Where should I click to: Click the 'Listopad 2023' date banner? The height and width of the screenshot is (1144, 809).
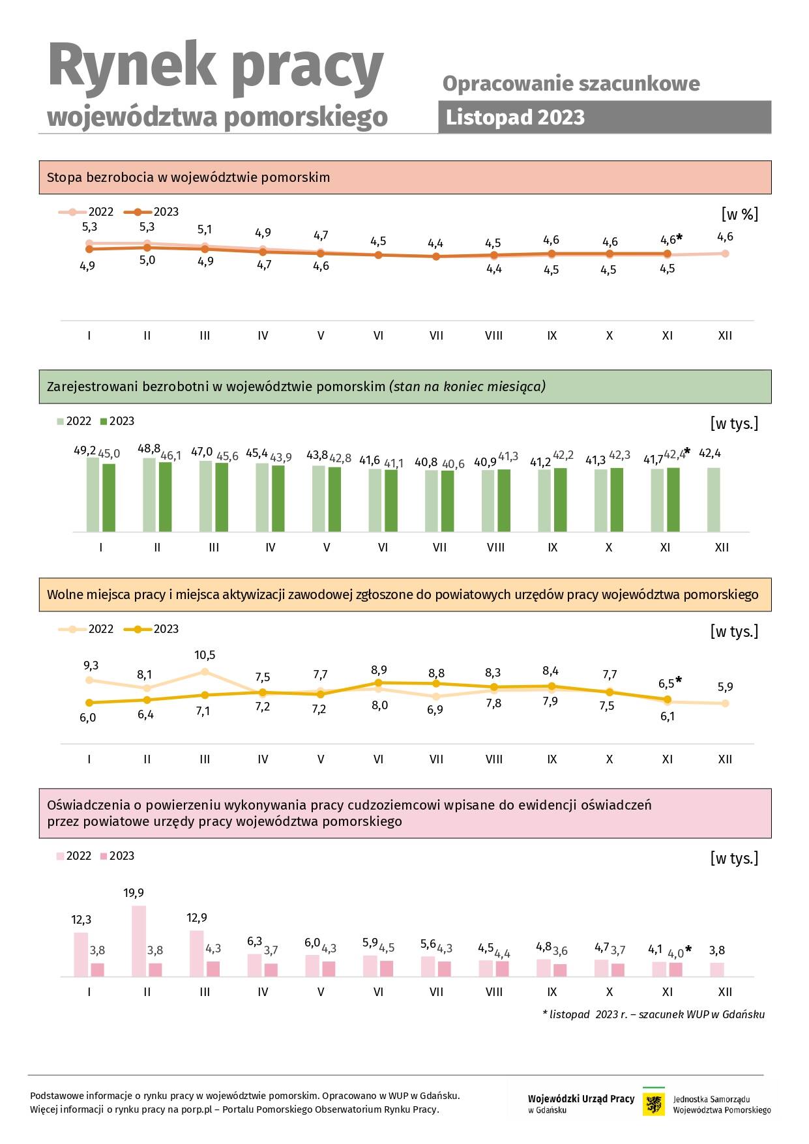click(604, 117)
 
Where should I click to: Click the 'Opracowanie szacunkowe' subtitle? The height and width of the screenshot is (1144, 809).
click(571, 83)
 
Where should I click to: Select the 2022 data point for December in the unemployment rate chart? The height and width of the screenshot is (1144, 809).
click(725, 254)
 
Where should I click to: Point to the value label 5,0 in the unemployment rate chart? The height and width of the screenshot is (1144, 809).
click(147, 260)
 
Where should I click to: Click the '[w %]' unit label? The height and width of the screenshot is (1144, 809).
click(739, 214)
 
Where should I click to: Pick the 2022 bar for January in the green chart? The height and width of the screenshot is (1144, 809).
click(93, 495)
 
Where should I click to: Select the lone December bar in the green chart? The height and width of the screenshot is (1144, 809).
click(714, 500)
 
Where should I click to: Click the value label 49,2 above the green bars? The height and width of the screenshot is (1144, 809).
click(85, 450)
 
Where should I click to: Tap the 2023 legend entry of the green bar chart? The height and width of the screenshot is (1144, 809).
click(117, 421)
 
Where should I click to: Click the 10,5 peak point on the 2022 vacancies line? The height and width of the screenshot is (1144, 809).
click(205, 671)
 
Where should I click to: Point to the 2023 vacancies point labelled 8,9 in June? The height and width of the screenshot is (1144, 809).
click(378, 682)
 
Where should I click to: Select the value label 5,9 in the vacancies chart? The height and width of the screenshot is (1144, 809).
click(725, 686)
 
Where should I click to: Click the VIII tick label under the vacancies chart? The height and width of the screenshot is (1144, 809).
click(494, 759)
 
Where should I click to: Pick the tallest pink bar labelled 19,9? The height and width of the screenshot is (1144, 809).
click(139, 941)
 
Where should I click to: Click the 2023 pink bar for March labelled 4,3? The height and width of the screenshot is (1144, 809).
click(213, 969)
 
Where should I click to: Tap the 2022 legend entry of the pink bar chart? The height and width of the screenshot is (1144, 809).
click(74, 856)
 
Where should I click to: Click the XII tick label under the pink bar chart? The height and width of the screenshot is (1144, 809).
click(725, 991)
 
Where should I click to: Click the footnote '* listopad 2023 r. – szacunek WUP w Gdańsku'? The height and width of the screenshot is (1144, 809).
click(653, 1014)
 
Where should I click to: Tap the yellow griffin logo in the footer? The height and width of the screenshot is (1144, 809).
click(654, 1104)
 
